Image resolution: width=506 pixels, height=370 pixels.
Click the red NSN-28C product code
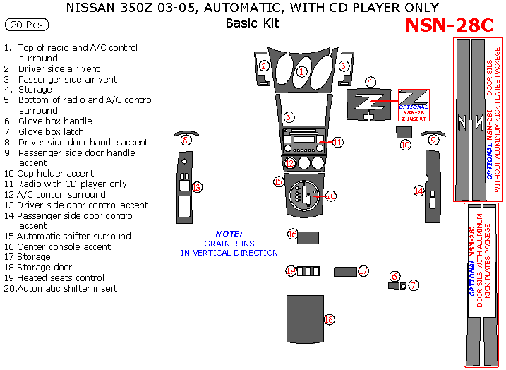coord(450,25)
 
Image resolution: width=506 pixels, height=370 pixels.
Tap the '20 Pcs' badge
coord(28,25)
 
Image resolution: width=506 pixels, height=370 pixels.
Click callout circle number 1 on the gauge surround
coord(301,71)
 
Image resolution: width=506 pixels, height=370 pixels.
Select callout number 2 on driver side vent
coord(264,66)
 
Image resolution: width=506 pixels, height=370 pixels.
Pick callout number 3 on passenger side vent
coord(344,66)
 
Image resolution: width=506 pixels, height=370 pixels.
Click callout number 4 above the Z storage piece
coord(370,82)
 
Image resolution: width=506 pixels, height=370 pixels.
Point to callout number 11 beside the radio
coord(337,143)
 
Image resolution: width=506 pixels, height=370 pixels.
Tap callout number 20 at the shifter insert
coord(331,196)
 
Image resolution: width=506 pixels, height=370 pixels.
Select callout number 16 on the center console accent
coord(293,234)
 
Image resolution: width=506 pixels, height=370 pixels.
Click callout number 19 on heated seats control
coord(290,271)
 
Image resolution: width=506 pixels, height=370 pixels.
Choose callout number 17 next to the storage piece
coord(363,271)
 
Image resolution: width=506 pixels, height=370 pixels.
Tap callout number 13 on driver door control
coord(197,187)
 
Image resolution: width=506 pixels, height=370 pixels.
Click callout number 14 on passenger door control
coord(418,191)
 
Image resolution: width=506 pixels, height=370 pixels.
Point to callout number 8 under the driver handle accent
coord(186,141)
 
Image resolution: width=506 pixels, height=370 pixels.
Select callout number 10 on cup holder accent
coord(404,145)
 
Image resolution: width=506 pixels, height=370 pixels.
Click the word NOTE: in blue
coord(229,234)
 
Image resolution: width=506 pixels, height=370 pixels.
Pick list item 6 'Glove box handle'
coord(55,121)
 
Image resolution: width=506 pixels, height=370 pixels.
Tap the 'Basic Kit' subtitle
coord(252,23)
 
